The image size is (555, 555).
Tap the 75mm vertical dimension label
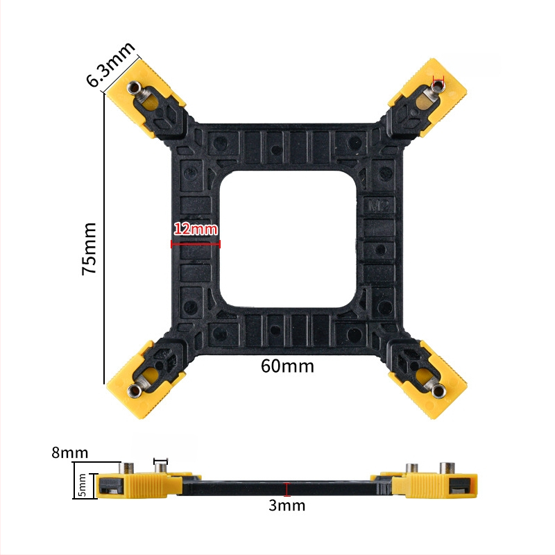pyautogui.click(x=91, y=249)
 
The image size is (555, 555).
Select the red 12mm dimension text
pyautogui.click(x=196, y=228)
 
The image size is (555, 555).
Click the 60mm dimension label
pyautogui.click(x=287, y=366)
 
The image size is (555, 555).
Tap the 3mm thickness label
pyautogui.click(x=287, y=505)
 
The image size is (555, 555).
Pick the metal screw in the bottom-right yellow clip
pyautogui.click(x=438, y=391)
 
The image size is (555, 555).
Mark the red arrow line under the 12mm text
pyautogui.click(x=196, y=244)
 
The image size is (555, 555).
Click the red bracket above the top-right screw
pyautogui.click(x=438, y=77)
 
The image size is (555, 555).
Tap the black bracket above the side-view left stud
pyautogui.click(x=161, y=459)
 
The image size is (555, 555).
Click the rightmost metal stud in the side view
pyautogui.click(x=446, y=468)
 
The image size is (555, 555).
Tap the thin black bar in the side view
pyautogui.click(x=287, y=489)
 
